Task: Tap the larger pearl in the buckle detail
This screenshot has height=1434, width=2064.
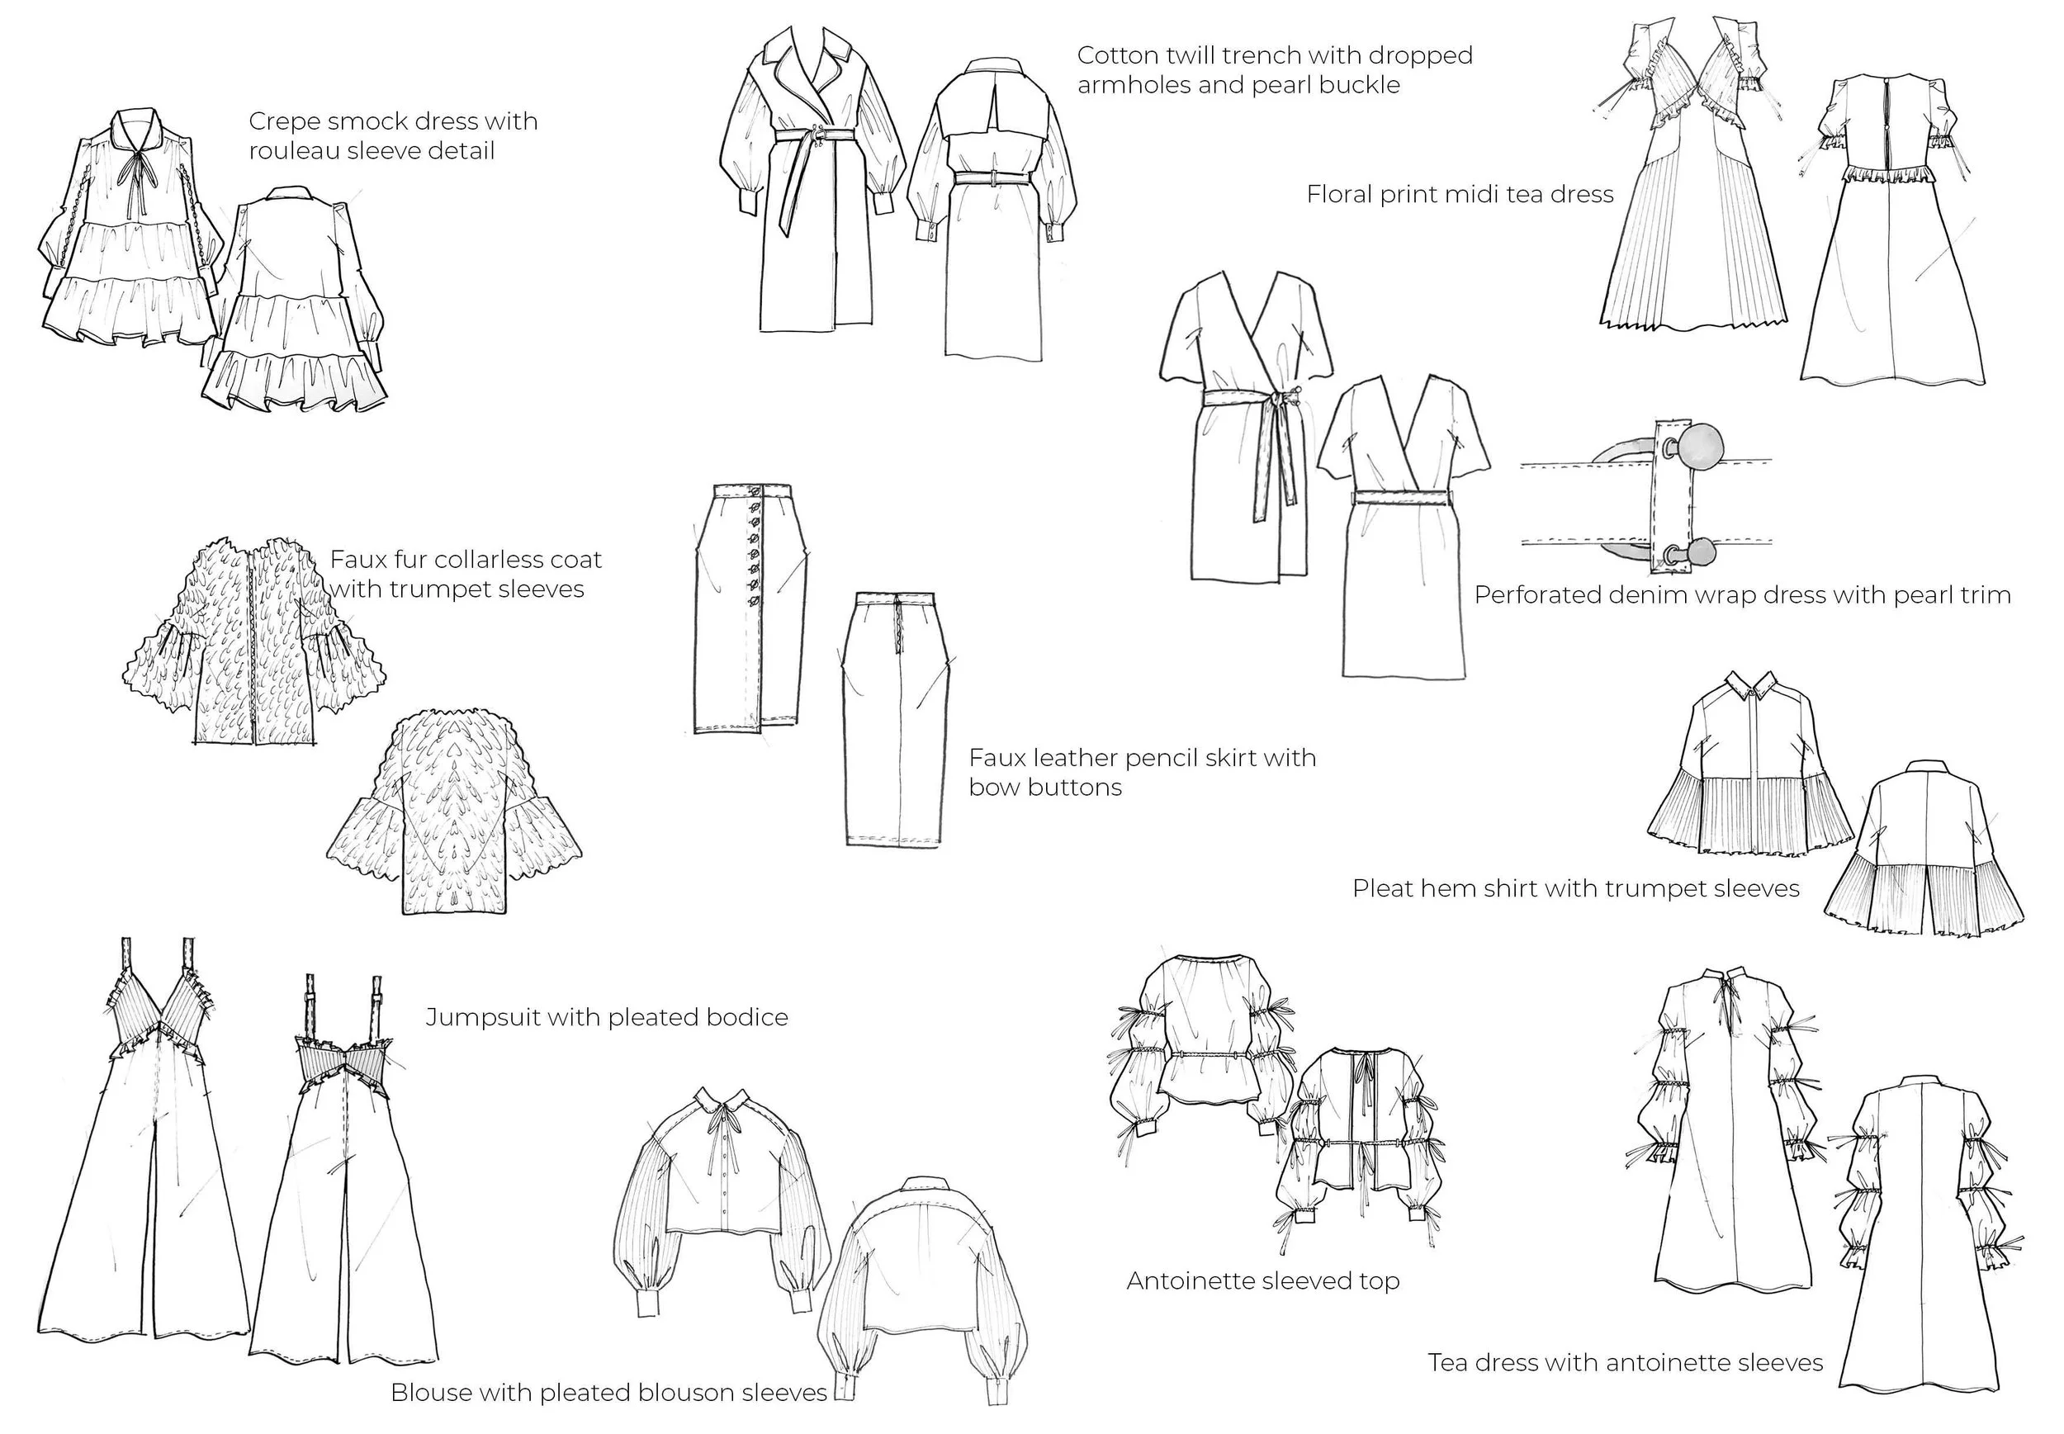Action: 1699,446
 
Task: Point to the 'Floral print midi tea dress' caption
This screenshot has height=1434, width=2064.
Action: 1460,195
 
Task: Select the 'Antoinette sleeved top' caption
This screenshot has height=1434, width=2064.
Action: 1262,1280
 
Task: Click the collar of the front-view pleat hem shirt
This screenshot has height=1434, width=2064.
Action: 1753,689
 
